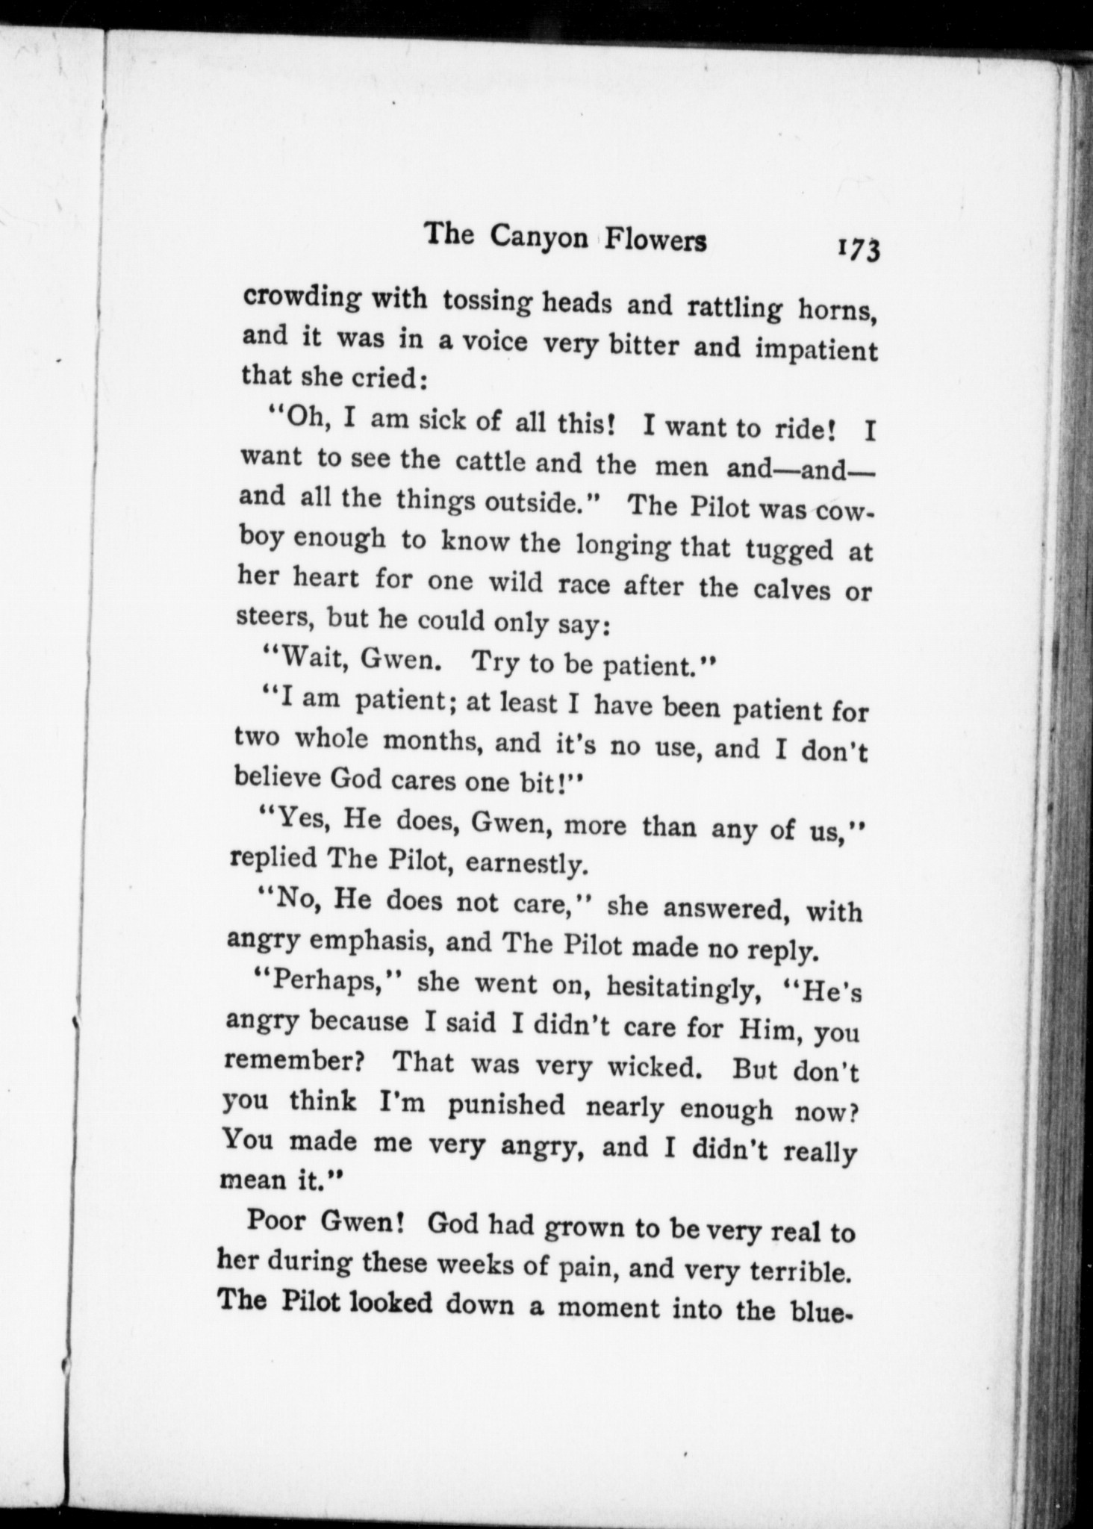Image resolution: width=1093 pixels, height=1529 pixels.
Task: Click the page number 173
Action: click(859, 249)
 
